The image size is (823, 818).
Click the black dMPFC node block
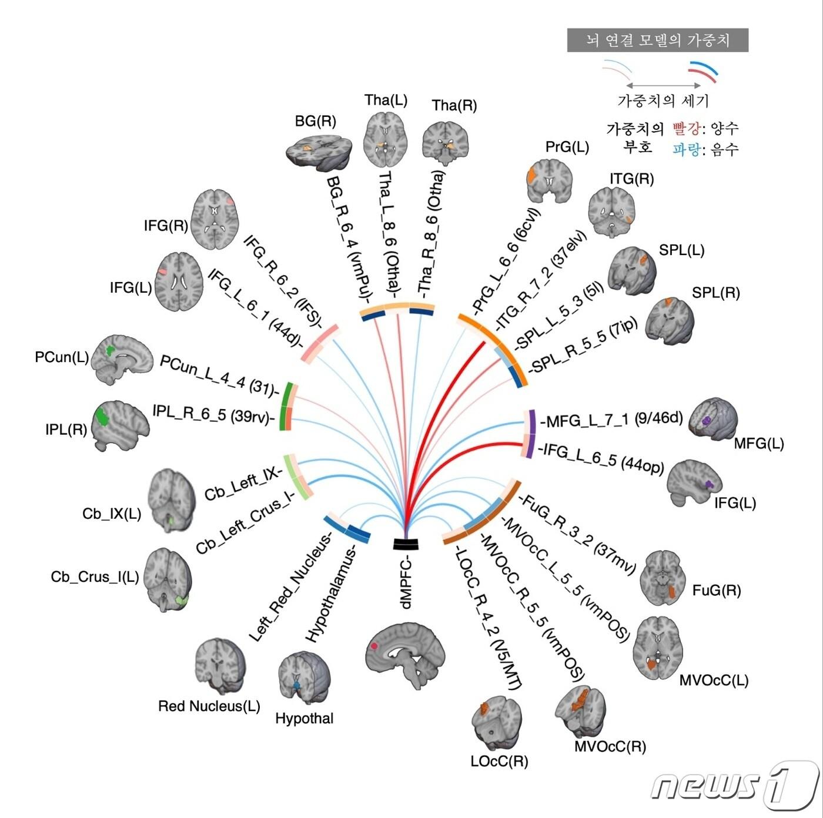click(x=406, y=544)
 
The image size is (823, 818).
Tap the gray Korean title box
click(x=657, y=40)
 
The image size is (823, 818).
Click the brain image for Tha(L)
click(x=385, y=139)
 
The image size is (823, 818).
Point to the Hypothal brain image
click(x=304, y=679)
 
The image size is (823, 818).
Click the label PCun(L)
click(x=62, y=357)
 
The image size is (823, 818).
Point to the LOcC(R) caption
click(x=499, y=761)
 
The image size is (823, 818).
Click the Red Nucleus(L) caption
click(x=209, y=706)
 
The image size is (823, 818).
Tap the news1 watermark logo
click(x=735, y=785)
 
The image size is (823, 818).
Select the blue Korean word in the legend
click(x=686, y=150)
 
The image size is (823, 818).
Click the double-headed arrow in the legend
click(x=663, y=86)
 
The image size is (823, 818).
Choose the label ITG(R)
click(x=631, y=179)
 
